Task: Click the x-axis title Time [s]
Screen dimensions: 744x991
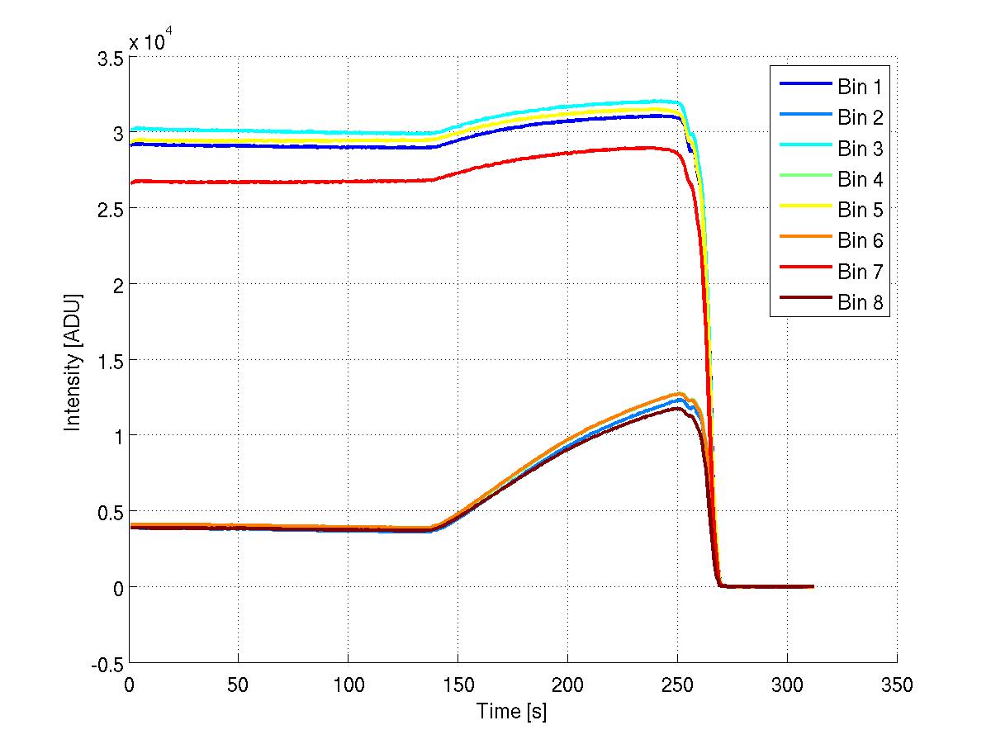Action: tap(512, 711)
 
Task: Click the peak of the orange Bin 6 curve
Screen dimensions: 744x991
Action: tap(682, 394)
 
